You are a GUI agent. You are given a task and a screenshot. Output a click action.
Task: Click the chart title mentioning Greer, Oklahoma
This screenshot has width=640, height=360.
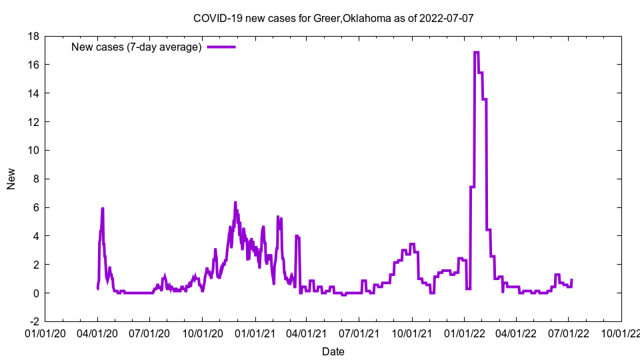click(x=333, y=18)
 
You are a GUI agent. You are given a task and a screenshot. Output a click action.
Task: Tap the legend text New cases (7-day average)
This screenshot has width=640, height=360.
click(x=137, y=47)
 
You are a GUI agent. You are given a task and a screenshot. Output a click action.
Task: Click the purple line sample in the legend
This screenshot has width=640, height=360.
click(x=221, y=47)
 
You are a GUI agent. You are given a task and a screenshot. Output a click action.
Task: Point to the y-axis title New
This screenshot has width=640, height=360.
click(x=11, y=179)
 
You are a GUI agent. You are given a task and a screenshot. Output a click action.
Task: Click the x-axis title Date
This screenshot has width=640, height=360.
click(x=333, y=351)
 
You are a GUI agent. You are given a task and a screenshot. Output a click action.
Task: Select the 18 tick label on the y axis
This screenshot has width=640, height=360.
click(x=33, y=36)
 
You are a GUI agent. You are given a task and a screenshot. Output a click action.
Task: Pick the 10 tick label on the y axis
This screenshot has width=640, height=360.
click(x=33, y=151)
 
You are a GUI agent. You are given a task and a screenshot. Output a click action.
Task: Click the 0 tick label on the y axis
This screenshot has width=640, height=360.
click(x=35, y=293)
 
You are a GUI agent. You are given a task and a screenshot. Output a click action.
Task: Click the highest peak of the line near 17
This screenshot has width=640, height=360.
click(x=477, y=52)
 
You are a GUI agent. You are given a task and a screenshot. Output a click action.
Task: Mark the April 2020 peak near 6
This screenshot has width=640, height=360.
click(x=103, y=209)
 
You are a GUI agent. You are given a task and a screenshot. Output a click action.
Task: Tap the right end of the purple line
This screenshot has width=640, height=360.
click(x=572, y=280)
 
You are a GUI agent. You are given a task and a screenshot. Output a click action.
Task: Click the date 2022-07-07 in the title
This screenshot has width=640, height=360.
click(x=447, y=18)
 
